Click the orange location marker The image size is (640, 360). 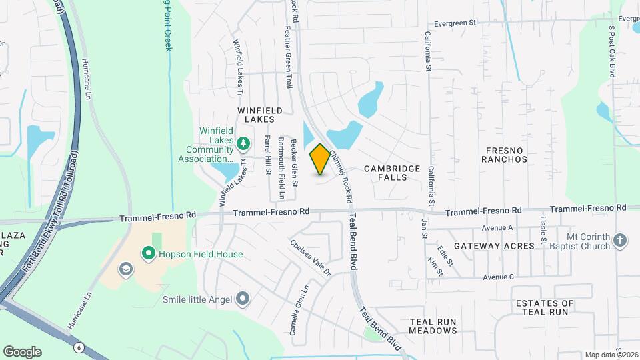tap(320, 159)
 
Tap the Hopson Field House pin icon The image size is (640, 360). tap(147, 254)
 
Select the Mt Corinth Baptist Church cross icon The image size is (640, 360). tap(620, 240)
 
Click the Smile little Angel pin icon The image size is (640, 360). tap(242, 299)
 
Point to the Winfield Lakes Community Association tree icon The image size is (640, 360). tap(243, 142)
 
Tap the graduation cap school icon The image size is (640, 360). tap(124, 269)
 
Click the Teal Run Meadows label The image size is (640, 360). tap(433, 326)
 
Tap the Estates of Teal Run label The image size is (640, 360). tap(545, 307)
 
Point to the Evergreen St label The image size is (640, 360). tap(454, 23)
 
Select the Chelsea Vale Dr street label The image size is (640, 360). tap(310, 258)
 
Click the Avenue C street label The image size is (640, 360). tap(499, 277)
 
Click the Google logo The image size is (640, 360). tap(22, 351)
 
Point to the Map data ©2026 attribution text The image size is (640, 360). tap(612, 355)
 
